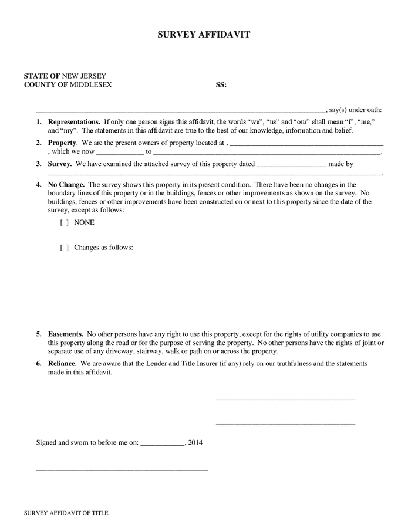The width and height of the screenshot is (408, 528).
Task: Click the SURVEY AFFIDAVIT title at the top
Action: (204, 35)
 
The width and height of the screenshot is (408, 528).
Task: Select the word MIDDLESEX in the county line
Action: (91, 84)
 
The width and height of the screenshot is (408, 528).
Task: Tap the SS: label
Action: (221, 84)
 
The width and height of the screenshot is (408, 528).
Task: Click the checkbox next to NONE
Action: (65, 222)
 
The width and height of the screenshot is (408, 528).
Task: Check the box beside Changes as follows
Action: (65, 247)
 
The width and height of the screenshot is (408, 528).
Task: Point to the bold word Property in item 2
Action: (62, 143)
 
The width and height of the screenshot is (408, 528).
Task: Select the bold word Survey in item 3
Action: (60, 164)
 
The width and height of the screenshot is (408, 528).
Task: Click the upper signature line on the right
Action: (285, 399)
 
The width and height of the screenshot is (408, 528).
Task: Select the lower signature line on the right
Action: (285, 423)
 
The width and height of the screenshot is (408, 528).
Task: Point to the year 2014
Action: (195, 443)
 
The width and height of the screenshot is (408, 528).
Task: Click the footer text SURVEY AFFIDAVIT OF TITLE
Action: (66, 513)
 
